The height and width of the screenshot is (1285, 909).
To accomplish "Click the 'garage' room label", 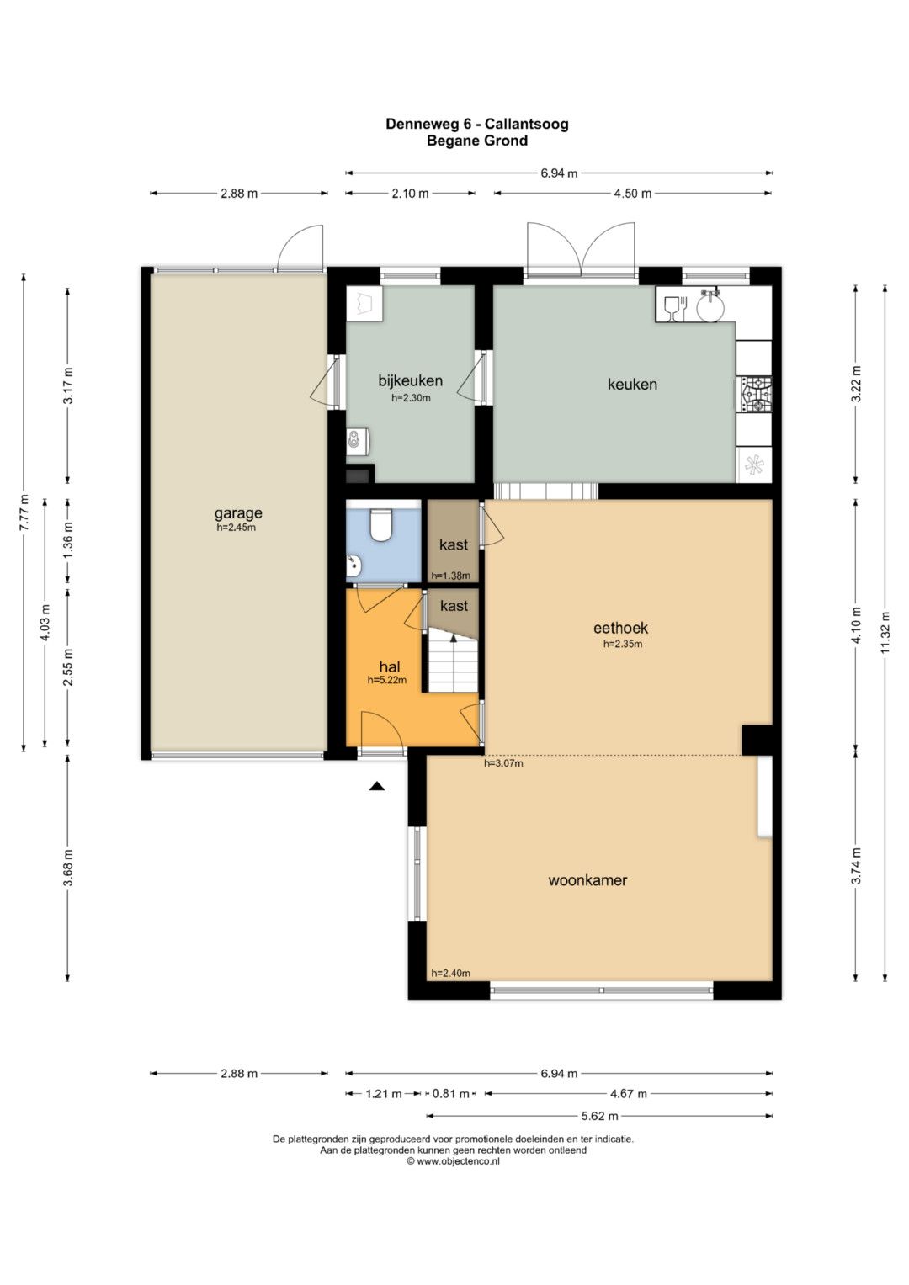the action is pyautogui.click(x=238, y=513).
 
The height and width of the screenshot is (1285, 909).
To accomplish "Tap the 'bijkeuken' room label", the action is pyautogui.click(x=411, y=380).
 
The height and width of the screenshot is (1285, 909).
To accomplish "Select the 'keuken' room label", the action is pyautogui.click(x=632, y=384).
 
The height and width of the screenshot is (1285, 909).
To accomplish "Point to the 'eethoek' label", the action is pyautogui.click(x=621, y=628).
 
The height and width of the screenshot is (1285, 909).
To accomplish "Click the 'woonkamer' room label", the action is pyautogui.click(x=587, y=880).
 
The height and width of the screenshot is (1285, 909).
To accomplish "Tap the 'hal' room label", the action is pyautogui.click(x=390, y=666).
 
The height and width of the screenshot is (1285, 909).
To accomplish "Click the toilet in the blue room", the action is pyautogui.click(x=380, y=524).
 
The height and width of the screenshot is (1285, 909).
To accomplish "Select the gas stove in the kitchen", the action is pyautogui.click(x=755, y=395).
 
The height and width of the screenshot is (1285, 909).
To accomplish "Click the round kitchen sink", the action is pyautogui.click(x=710, y=305).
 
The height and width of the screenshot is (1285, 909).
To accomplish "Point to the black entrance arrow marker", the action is pyautogui.click(x=376, y=787).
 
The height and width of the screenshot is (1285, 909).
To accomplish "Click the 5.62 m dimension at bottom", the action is pyautogui.click(x=599, y=1116).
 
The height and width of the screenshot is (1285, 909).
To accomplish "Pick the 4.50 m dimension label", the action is pyautogui.click(x=632, y=194).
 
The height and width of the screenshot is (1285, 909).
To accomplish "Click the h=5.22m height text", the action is pyautogui.click(x=387, y=680).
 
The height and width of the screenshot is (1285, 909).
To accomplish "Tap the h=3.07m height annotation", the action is pyautogui.click(x=503, y=763).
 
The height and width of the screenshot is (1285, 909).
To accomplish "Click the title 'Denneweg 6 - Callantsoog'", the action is pyautogui.click(x=477, y=124).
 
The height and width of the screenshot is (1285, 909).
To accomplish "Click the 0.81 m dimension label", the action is pyautogui.click(x=450, y=1094).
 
